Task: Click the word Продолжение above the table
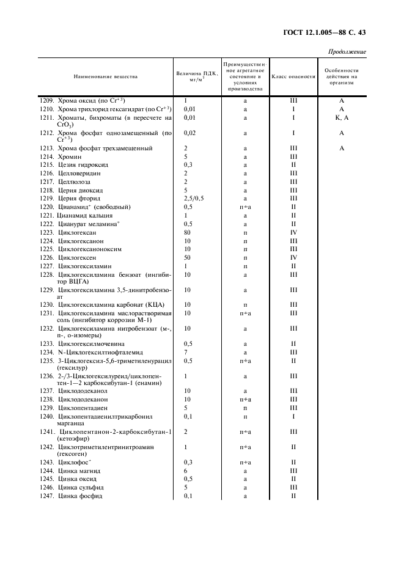[347, 52]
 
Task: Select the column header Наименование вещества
[106, 77]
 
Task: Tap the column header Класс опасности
[293, 77]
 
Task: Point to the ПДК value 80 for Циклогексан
[188, 233]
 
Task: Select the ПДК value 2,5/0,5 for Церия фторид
[194, 199]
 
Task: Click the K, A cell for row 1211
[342, 117]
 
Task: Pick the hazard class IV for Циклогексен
[293, 258]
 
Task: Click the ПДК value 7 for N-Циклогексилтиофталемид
[185, 352]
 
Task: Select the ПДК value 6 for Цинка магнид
[185, 471]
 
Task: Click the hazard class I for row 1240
[293, 416]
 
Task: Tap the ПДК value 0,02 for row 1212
[190, 133]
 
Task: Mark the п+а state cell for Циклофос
[245, 463]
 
